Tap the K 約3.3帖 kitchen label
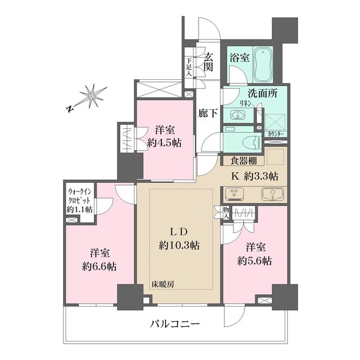255,175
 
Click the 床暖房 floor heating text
162,283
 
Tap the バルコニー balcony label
175,324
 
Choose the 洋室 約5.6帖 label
254,254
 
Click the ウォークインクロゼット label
80,200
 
